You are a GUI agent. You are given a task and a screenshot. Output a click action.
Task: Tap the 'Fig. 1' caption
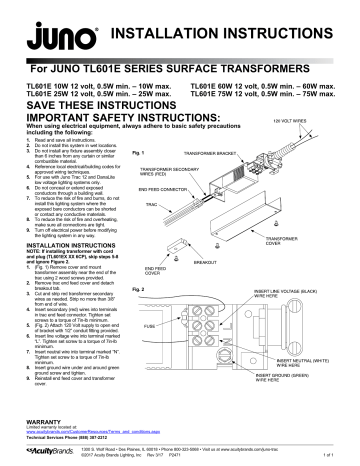pos(153,154)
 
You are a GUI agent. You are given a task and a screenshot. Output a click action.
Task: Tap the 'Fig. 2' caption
pos(153,288)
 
